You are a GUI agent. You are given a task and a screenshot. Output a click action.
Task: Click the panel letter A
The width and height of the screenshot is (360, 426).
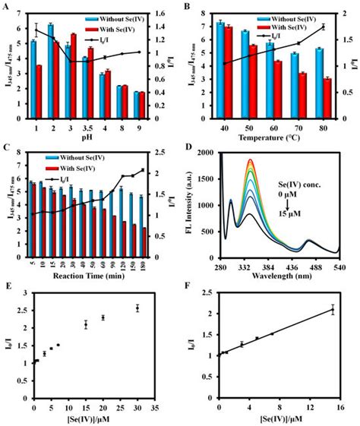point(7,6)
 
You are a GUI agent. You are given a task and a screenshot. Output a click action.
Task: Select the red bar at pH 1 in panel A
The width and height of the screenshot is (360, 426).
point(39,87)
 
